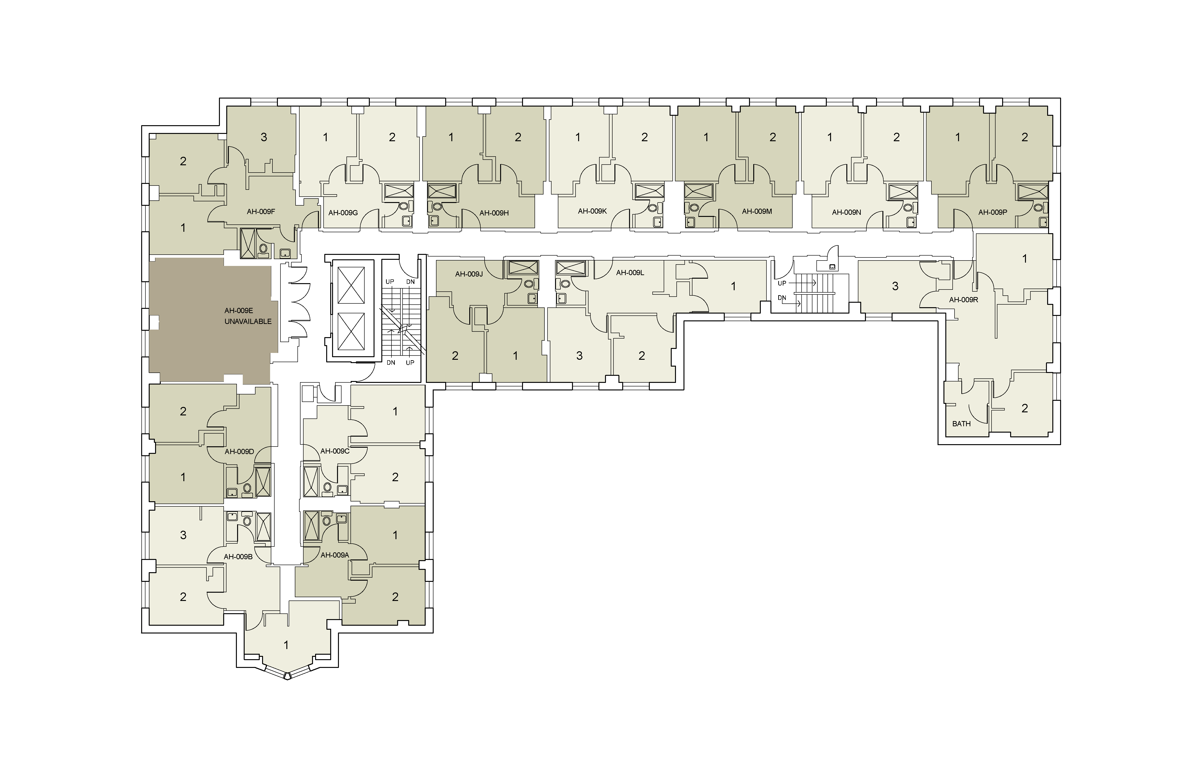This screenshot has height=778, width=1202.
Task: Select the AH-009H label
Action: click(x=494, y=213)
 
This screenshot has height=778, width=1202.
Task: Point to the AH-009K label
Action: click(x=593, y=211)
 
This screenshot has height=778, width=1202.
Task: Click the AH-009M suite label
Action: click(x=757, y=211)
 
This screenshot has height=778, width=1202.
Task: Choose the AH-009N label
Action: click(x=846, y=212)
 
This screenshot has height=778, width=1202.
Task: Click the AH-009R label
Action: click(x=964, y=300)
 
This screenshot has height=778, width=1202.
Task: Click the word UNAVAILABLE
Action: click(x=248, y=321)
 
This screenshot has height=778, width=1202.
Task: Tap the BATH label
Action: click(x=962, y=424)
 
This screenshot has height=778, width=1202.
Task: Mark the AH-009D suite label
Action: click(x=239, y=452)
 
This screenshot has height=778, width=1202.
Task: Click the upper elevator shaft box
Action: click(x=350, y=285)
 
